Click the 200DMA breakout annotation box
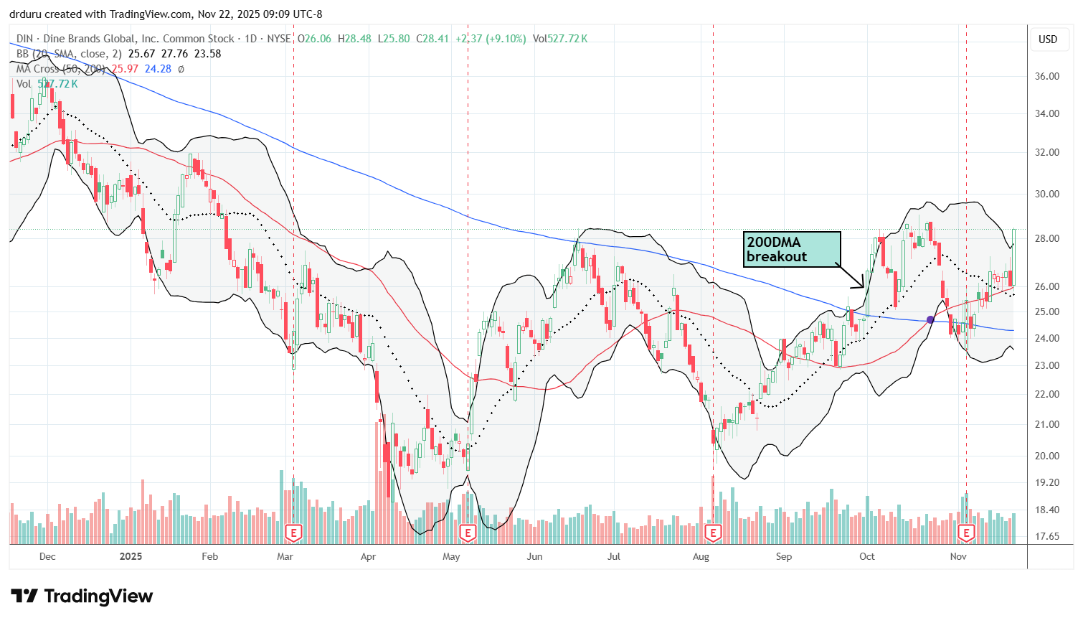(791, 249)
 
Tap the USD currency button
(1048, 39)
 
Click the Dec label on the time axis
(47, 556)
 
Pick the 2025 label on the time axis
(131, 556)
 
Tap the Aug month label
(701, 556)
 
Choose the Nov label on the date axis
(958, 556)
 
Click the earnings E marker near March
(293, 533)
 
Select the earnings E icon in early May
(468, 533)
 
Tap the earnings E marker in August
(712, 533)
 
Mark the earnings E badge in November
(966, 533)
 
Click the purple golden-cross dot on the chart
(931, 319)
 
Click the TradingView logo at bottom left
(82, 596)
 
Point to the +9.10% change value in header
(507, 39)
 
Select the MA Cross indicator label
(47, 69)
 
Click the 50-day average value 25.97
(125, 69)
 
